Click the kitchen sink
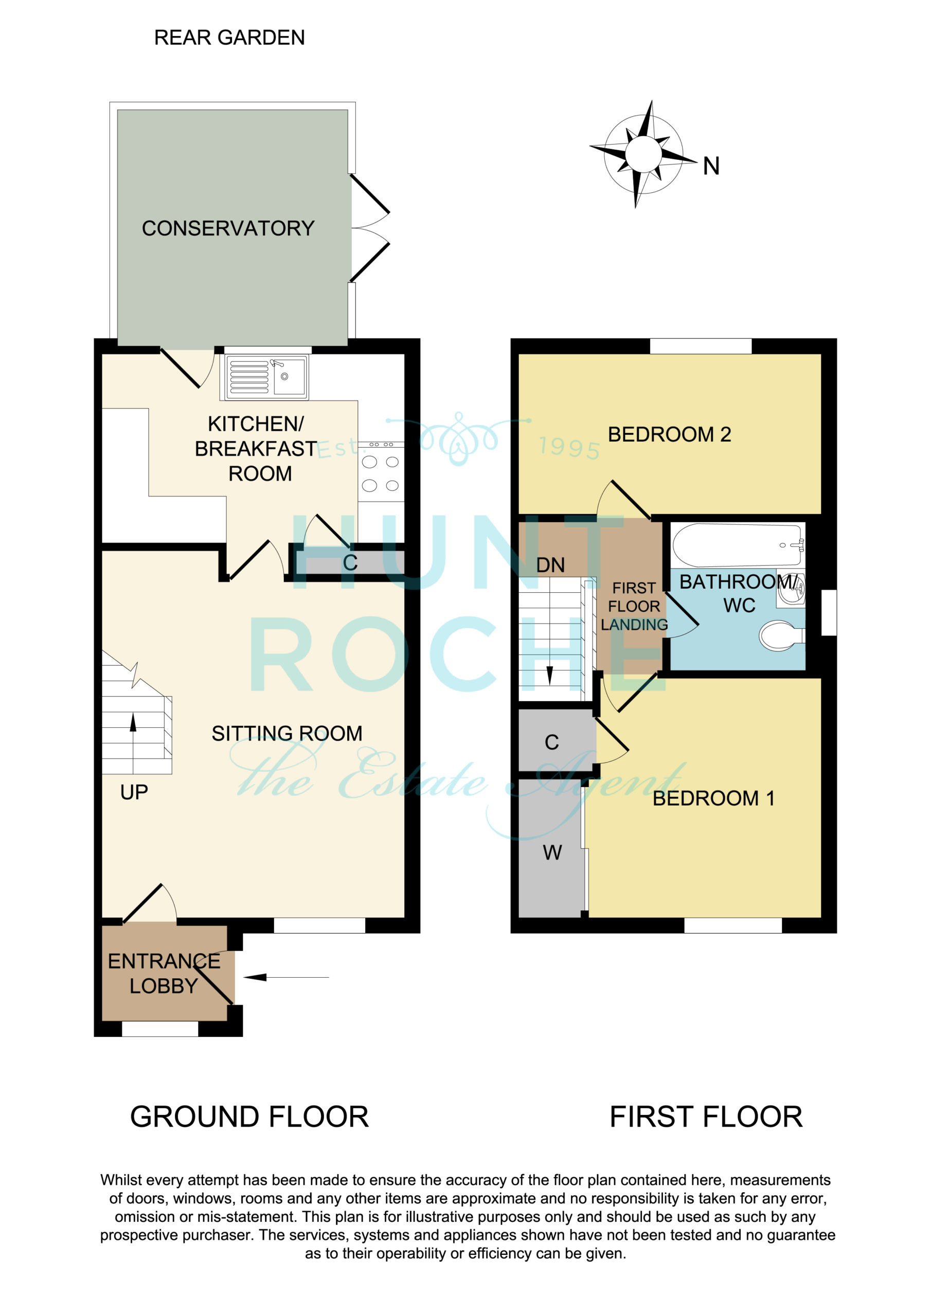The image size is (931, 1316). [267, 377]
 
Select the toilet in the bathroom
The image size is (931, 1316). [782, 636]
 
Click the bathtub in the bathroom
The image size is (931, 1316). [738, 544]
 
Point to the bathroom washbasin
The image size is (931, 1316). [791, 588]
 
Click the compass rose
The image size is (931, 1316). [643, 154]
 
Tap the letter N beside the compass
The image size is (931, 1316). [711, 166]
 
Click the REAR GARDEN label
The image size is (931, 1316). [229, 38]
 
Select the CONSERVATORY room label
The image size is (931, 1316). [228, 228]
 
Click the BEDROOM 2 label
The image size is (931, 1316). [669, 434]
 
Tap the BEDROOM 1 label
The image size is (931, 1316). [713, 798]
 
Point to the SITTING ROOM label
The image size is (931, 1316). [287, 734]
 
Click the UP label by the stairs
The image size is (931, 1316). [134, 793]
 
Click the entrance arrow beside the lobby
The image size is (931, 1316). [286, 977]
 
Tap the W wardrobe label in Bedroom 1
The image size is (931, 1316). [552, 853]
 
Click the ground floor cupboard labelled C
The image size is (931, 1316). [350, 563]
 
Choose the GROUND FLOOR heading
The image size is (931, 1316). [249, 1117]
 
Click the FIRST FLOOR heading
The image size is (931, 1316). [706, 1117]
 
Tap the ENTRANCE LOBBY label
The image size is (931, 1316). [164, 974]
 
